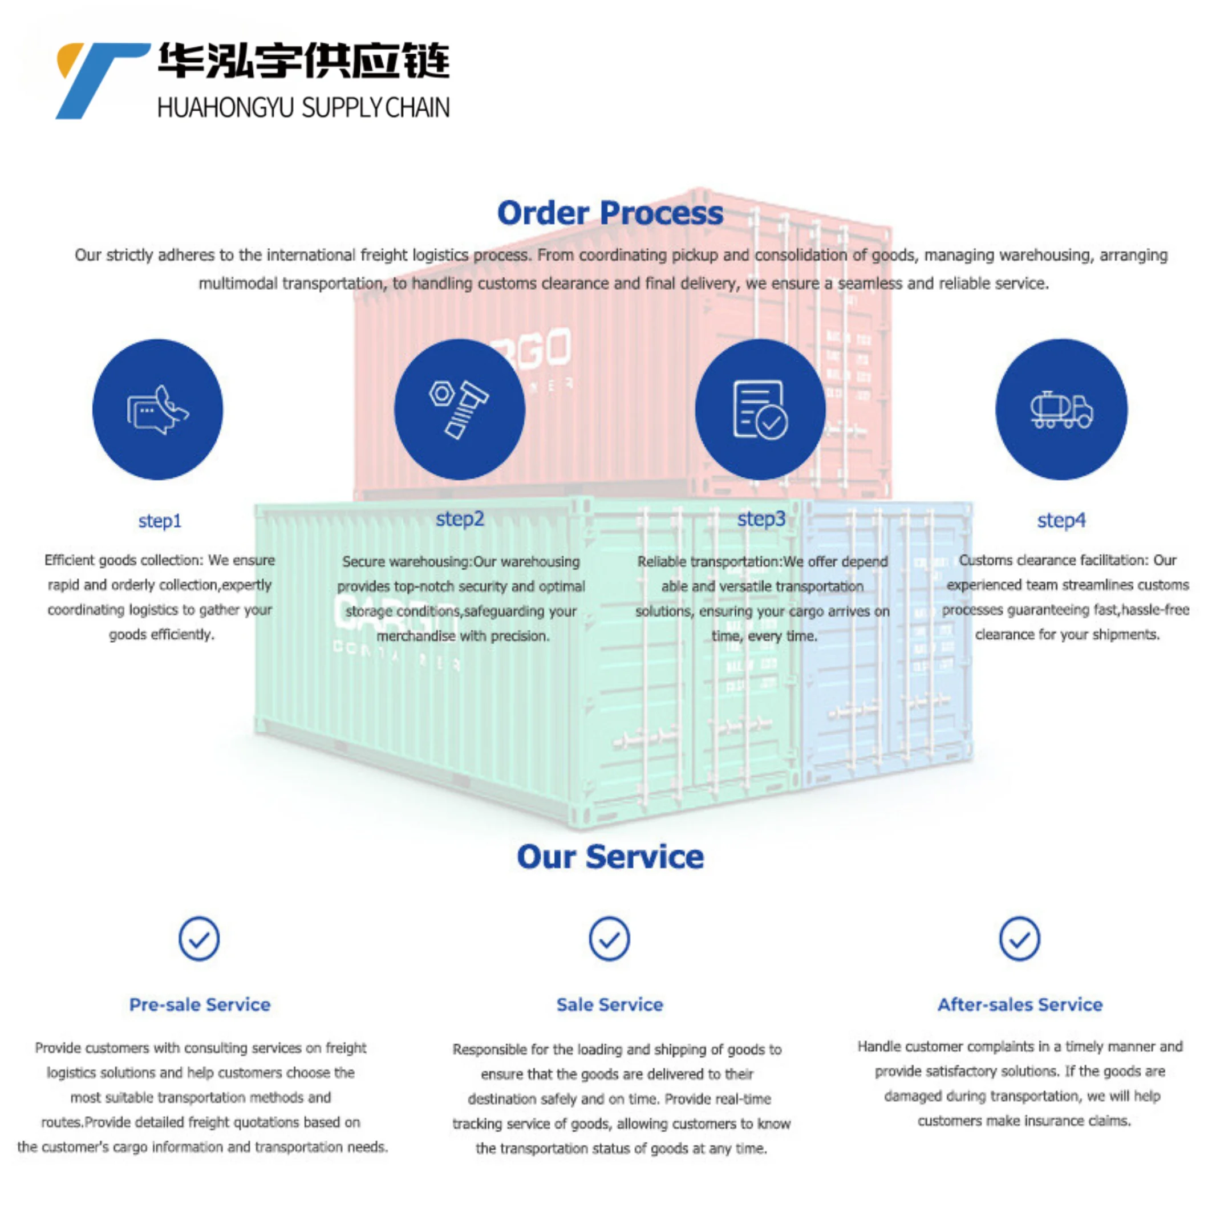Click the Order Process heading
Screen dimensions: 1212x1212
pyautogui.click(x=610, y=213)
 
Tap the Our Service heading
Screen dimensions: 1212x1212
pyautogui.click(x=610, y=857)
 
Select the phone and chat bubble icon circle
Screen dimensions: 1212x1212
pyautogui.click(x=157, y=410)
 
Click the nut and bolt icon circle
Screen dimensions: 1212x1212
pyautogui.click(x=459, y=410)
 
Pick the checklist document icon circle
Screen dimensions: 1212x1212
pyautogui.click(x=760, y=410)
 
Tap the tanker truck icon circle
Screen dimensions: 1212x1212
pyautogui.click(x=1061, y=410)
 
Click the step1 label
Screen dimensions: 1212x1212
pyautogui.click(x=160, y=521)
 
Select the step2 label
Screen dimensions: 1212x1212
pyautogui.click(x=460, y=519)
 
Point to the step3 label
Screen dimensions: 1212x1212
pyautogui.click(x=761, y=519)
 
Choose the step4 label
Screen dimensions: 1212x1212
pyautogui.click(x=1061, y=520)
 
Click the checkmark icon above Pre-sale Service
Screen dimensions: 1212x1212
pyautogui.click(x=199, y=939)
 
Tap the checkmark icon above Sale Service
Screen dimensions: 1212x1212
pyautogui.click(x=609, y=939)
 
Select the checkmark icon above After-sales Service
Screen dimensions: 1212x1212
pyautogui.click(x=1019, y=939)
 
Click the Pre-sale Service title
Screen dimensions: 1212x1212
pyautogui.click(x=200, y=1004)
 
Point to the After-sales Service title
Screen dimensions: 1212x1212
pyautogui.click(x=1020, y=1004)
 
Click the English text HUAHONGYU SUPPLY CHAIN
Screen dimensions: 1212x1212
pyautogui.click(x=303, y=108)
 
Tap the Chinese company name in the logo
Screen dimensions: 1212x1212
pyautogui.click(x=303, y=61)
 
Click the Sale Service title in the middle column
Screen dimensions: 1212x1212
pyautogui.click(x=609, y=1004)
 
